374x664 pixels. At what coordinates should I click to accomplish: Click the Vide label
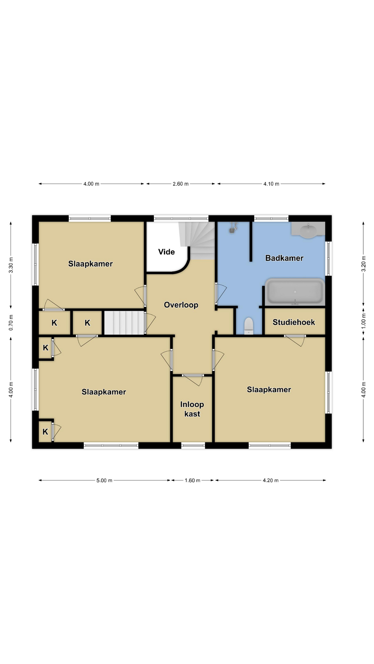pyautogui.click(x=166, y=252)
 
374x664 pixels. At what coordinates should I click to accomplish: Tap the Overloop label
pyautogui.click(x=181, y=305)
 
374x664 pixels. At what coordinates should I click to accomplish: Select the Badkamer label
pyautogui.click(x=284, y=258)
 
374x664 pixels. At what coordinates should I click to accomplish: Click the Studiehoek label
pyautogui.click(x=294, y=322)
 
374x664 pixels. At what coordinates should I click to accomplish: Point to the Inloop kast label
pyautogui.click(x=192, y=409)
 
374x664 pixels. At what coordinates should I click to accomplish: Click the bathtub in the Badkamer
pyautogui.click(x=295, y=292)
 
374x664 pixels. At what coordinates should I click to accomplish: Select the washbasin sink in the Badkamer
pyautogui.click(x=308, y=230)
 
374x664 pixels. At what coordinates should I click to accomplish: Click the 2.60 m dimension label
pyautogui.click(x=180, y=184)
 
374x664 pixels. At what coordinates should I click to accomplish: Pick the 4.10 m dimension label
pyautogui.click(x=271, y=184)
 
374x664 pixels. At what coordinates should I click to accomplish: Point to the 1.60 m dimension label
pyautogui.click(x=192, y=480)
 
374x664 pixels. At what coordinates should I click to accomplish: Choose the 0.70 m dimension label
pyautogui.click(x=11, y=322)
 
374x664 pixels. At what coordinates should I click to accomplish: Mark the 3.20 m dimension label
pyautogui.click(x=364, y=264)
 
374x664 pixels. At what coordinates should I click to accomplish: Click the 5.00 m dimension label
pyautogui.click(x=104, y=480)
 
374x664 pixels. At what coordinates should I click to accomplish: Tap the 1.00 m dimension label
pyautogui.click(x=364, y=321)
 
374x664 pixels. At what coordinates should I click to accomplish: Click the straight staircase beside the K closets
pyautogui.click(x=124, y=323)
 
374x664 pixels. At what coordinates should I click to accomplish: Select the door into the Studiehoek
pyautogui.click(x=295, y=340)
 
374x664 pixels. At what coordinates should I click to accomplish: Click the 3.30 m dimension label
pyautogui.click(x=11, y=265)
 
